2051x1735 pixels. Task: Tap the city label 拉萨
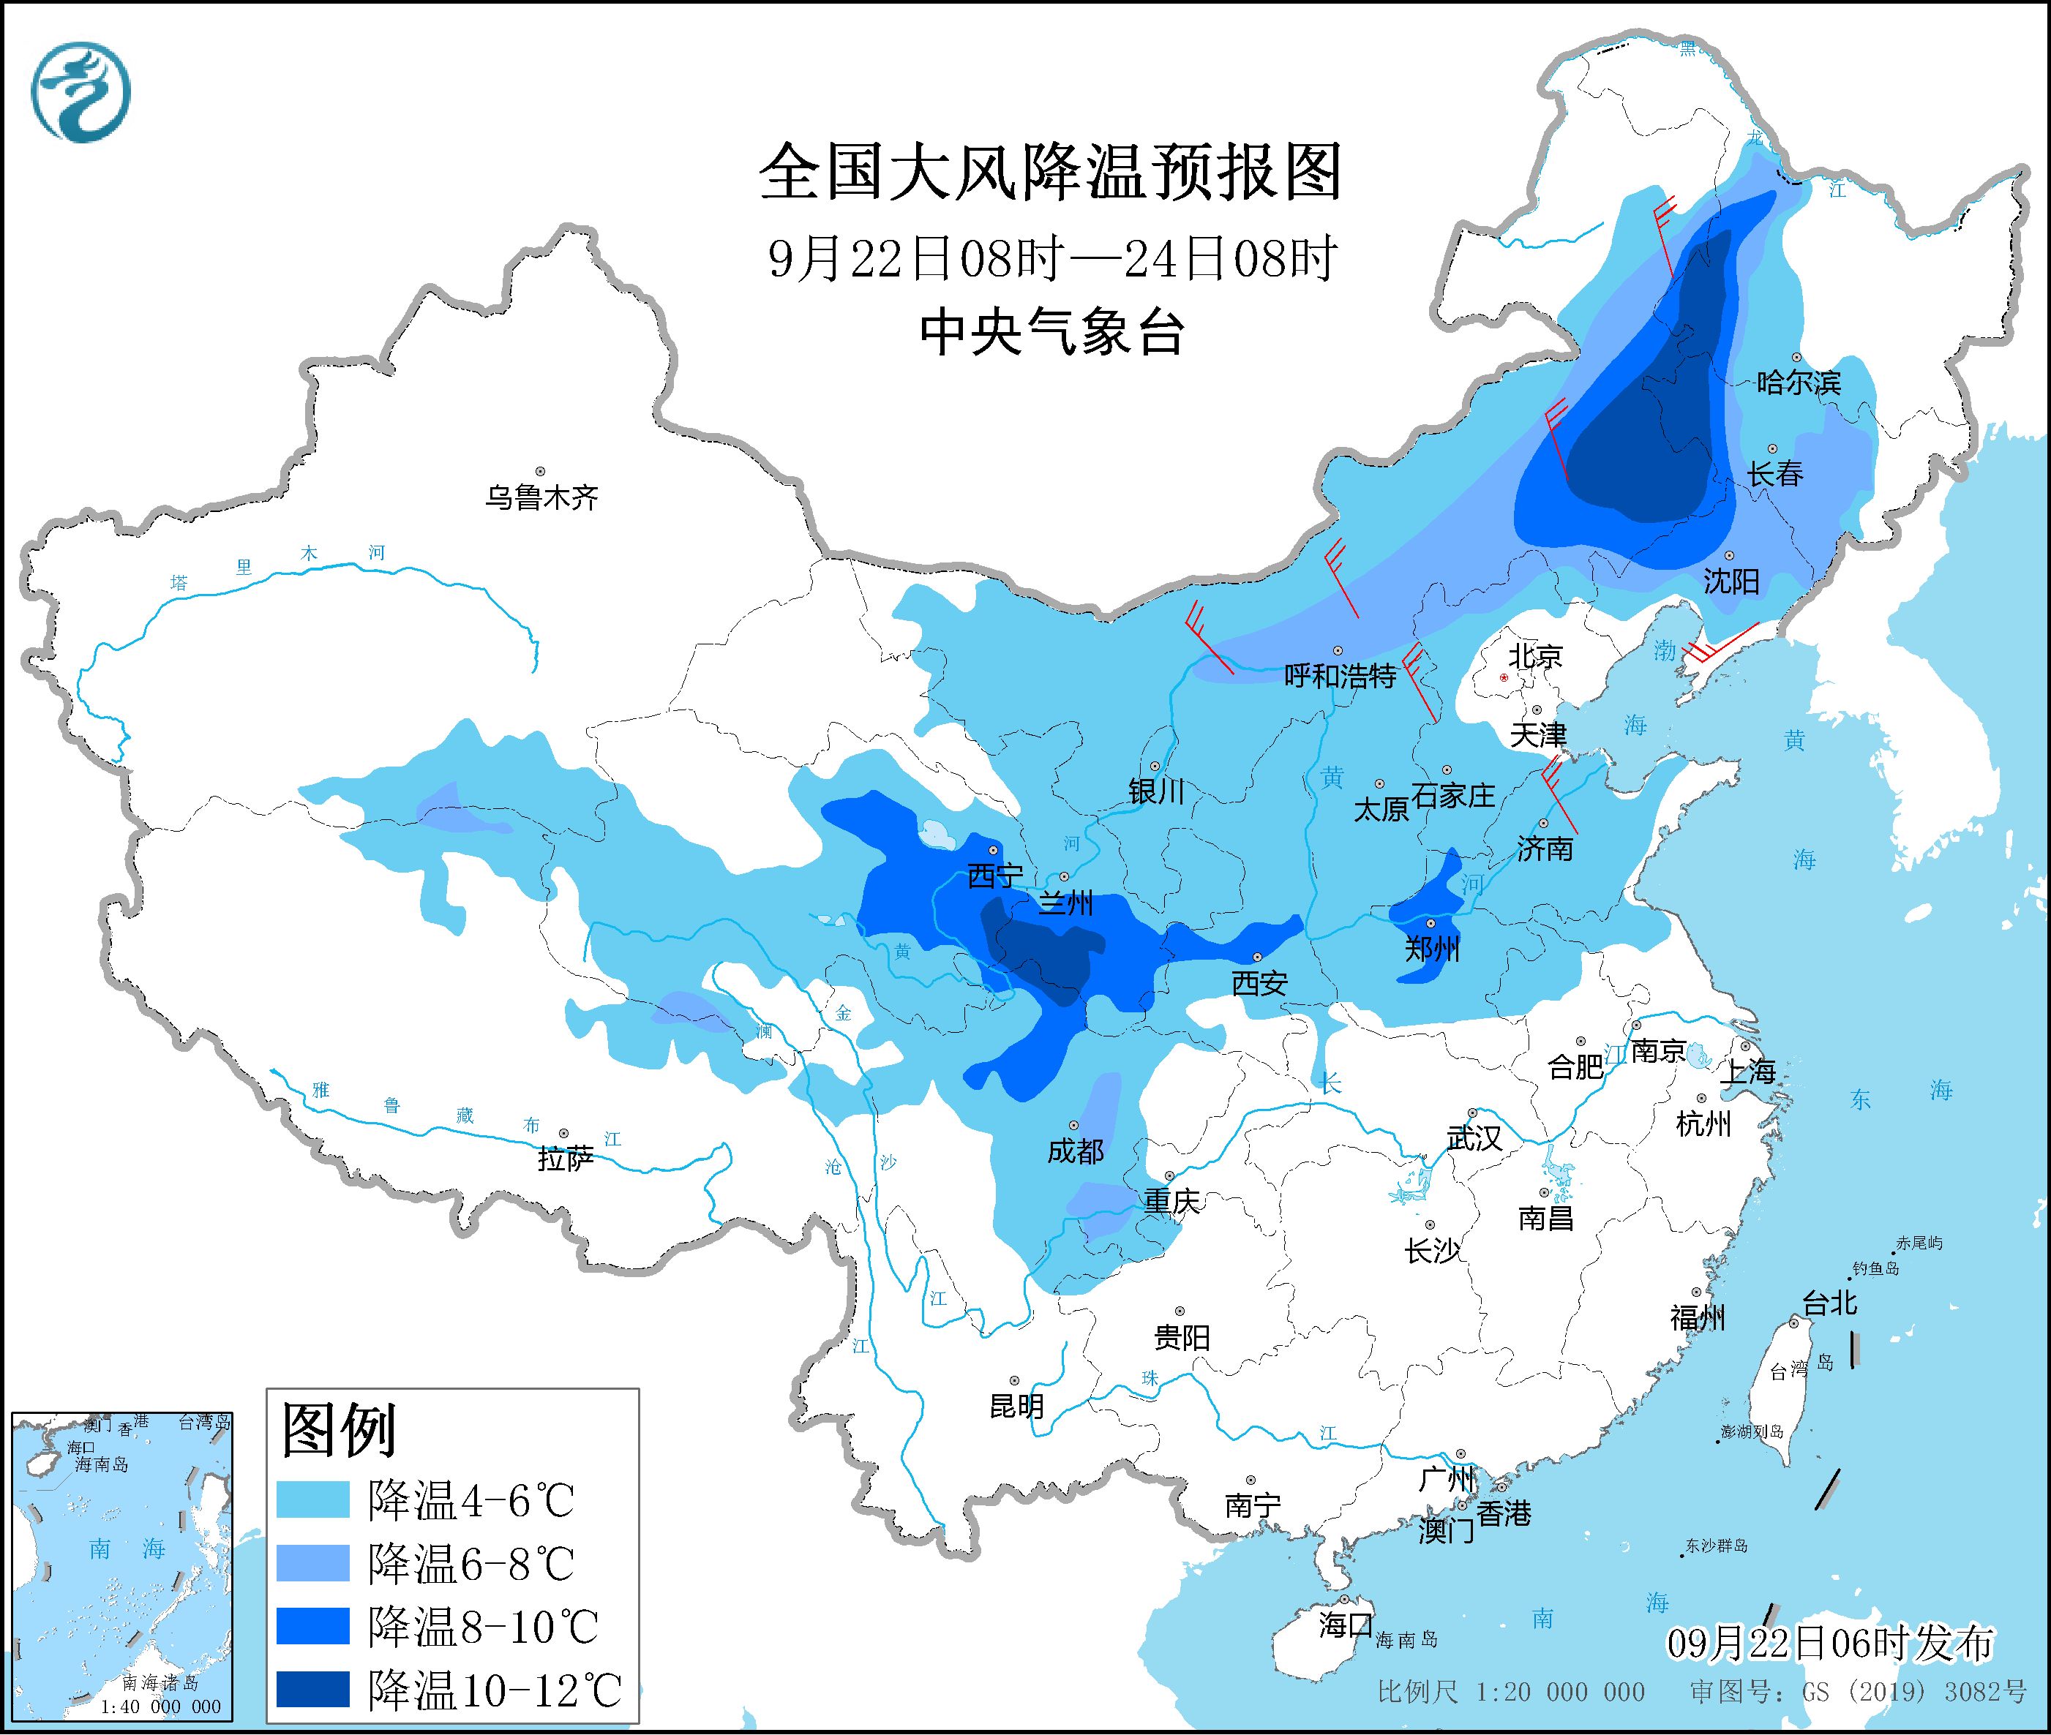point(566,1159)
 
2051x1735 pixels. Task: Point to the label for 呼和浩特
point(1340,676)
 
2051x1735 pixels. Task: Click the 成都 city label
point(1075,1151)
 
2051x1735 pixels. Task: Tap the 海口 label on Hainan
point(1346,1624)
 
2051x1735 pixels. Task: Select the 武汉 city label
point(1474,1138)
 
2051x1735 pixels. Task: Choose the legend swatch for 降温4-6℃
point(313,1500)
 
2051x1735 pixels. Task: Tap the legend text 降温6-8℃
point(470,1563)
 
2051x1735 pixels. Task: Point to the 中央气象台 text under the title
point(1051,332)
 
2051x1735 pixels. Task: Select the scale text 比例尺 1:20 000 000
point(1511,1692)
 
